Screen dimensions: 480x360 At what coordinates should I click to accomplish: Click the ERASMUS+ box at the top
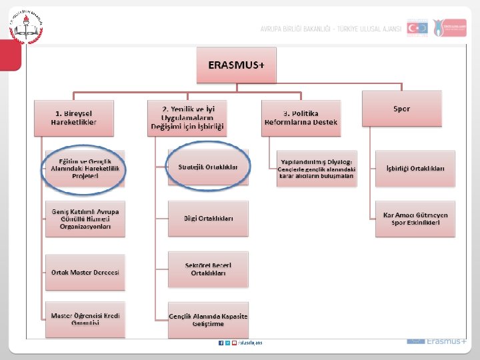click(x=237, y=65)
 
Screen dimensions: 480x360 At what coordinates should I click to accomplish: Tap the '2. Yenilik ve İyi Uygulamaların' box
click(x=187, y=117)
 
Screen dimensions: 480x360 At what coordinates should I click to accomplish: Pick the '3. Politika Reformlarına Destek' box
click(x=301, y=118)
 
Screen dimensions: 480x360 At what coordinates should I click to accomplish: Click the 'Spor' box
click(x=402, y=108)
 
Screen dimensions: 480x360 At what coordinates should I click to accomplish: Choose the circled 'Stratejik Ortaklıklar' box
click(x=208, y=167)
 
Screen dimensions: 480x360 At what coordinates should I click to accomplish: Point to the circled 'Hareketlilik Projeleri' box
click(x=85, y=168)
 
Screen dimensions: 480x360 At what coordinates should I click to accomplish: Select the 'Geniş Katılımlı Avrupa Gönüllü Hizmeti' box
click(x=85, y=219)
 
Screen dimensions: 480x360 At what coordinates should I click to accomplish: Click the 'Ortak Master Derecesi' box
click(x=85, y=271)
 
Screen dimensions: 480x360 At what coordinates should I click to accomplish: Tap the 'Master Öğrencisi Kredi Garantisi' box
click(x=85, y=319)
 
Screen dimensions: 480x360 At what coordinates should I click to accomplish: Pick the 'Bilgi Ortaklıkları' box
click(x=208, y=218)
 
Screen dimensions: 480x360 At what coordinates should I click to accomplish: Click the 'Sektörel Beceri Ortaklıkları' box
click(x=208, y=269)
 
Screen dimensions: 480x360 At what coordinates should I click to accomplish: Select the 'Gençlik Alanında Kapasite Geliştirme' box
click(x=208, y=319)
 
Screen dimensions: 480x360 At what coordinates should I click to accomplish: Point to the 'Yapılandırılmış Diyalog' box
click(x=317, y=169)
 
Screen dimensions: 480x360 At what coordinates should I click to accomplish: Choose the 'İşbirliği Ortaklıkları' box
click(x=415, y=167)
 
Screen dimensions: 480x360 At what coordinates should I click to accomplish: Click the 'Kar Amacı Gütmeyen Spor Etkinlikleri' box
click(x=415, y=219)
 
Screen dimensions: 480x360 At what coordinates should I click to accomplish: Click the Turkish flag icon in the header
click(x=417, y=28)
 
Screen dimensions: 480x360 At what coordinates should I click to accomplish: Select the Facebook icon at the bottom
click(x=221, y=343)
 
